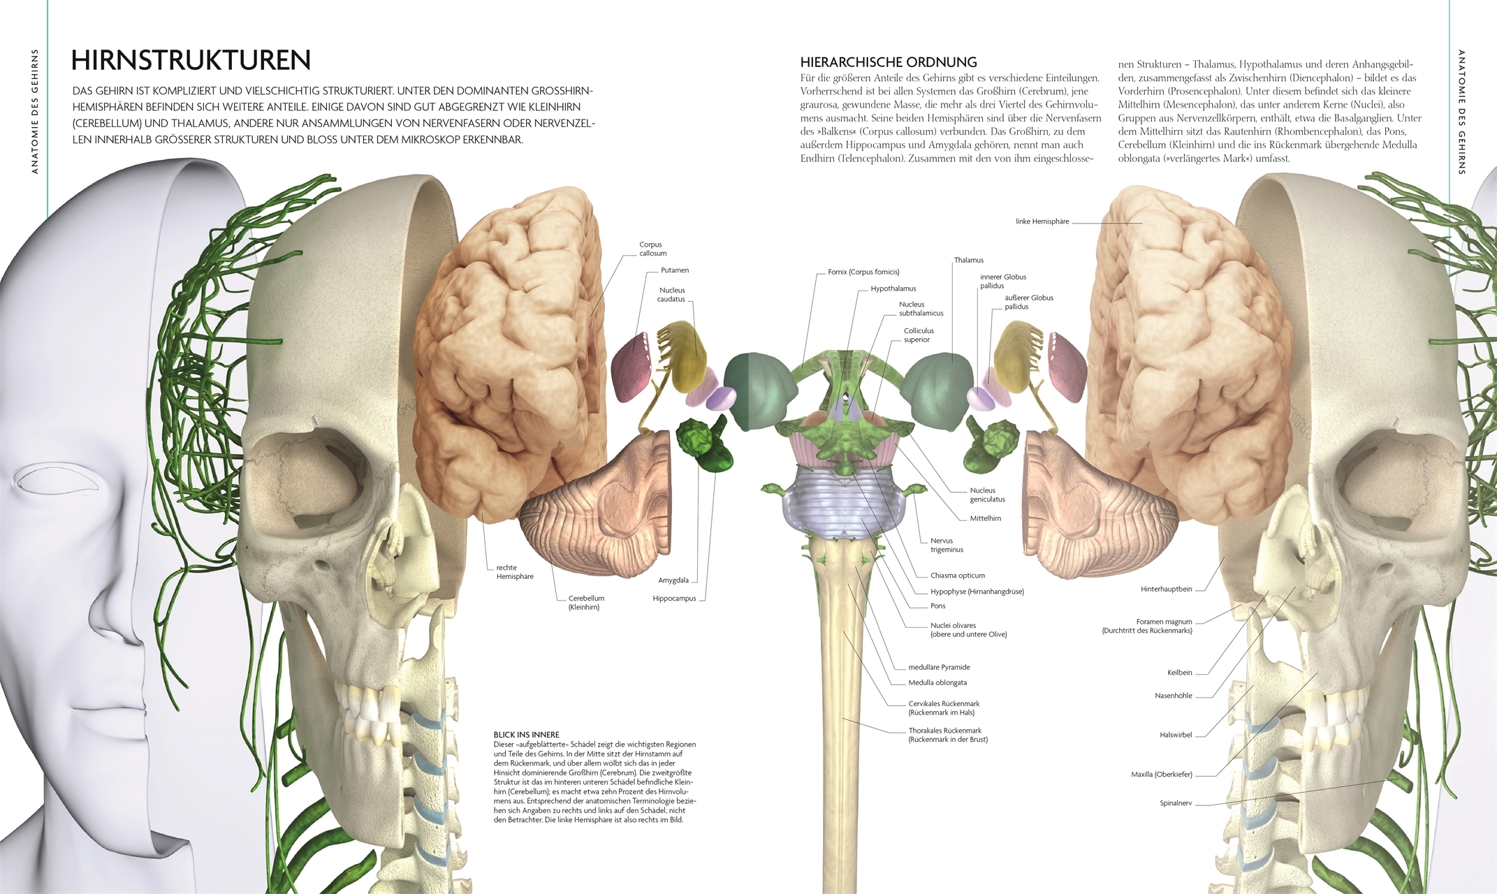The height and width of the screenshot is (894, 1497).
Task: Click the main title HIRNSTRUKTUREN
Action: pyautogui.click(x=191, y=61)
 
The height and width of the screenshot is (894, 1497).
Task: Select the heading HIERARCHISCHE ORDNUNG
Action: pyautogui.click(x=889, y=62)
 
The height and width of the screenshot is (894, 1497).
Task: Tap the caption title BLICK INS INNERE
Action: pyautogui.click(x=526, y=735)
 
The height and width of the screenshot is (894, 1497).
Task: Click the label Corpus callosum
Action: pyautogui.click(x=652, y=249)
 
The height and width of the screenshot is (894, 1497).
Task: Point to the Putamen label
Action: pyautogui.click(x=674, y=270)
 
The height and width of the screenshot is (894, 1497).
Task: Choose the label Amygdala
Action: pyautogui.click(x=673, y=580)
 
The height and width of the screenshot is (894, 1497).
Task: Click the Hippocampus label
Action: pyautogui.click(x=674, y=599)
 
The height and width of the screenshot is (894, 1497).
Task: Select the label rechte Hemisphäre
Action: pyautogui.click(x=514, y=572)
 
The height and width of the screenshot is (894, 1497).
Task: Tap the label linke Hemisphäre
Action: pyautogui.click(x=1042, y=221)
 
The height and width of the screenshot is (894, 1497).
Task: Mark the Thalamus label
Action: pyautogui.click(x=968, y=261)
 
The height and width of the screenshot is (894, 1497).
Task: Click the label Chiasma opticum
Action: pyautogui.click(x=957, y=576)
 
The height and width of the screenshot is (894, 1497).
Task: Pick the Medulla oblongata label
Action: pyautogui.click(x=937, y=683)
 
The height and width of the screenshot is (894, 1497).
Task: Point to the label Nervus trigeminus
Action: pyautogui.click(x=947, y=545)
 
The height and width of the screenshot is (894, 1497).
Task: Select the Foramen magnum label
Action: pyautogui.click(x=1163, y=622)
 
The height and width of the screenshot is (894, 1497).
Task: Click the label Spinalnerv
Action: pyautogui.click(x=1175, y=803)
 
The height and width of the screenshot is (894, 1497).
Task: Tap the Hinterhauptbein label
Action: pyautogui.click(x=1166, y=589)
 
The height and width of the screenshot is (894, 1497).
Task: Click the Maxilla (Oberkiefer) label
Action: pyautogui.click(x=1161, y=775)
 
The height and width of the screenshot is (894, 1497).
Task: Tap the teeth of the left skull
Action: pyautogui.click(x=363, y=712)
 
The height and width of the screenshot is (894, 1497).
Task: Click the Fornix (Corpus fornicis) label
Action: pyautogui.click(x=863, y=272)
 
